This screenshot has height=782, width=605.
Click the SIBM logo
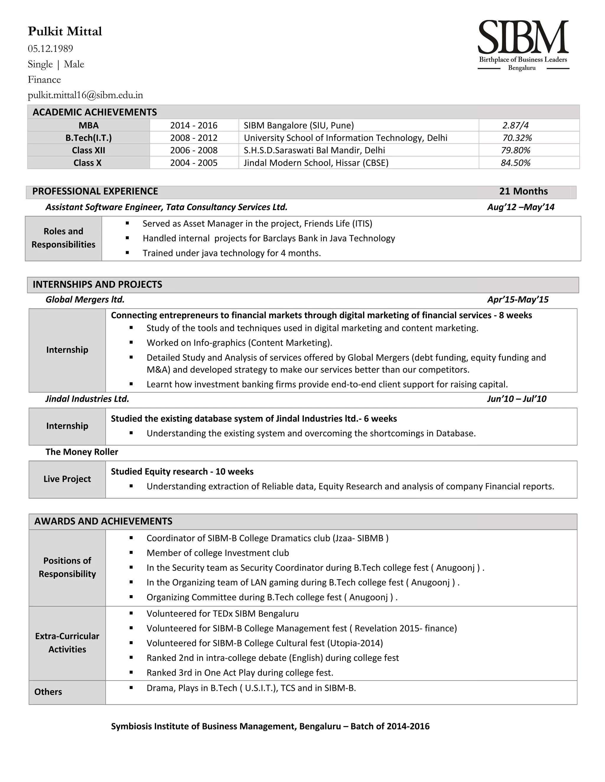coord(523,45)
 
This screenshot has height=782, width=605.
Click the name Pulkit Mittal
coord(65,32)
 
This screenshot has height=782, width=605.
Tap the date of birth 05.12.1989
coord(50,48)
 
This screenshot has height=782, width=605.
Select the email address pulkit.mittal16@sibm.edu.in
coord(85,95)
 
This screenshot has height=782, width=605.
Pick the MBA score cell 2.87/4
coord(515,125)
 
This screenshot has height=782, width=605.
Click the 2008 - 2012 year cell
coord(193,138)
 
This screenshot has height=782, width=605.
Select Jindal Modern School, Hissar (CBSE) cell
coord(316,163)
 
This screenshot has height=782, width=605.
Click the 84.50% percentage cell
coord(515,163)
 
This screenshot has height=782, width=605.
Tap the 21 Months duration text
coord(523,191)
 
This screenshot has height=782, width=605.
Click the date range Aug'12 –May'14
coord(521,207)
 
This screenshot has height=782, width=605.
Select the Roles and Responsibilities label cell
coord(64,238)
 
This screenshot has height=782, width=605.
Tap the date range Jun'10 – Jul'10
coord(516,399)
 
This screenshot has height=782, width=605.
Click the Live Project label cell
coord(67,479)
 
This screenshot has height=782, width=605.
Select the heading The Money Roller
coord(82,452)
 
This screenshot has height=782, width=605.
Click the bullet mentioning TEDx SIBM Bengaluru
coord(222,614)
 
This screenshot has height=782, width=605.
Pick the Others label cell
coord(48,692)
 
